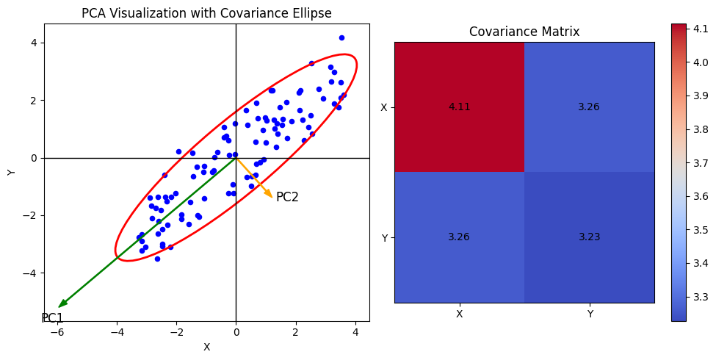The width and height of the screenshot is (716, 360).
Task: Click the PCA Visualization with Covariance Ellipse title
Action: [206, 13]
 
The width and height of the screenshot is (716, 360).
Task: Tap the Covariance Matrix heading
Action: [524, 32]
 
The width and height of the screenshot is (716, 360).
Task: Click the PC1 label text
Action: [52, 318]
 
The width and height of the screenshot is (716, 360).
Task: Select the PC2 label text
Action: [287, 197]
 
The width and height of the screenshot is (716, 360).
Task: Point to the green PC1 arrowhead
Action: [62, 304]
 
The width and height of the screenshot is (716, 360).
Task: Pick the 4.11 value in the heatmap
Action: [459, 107]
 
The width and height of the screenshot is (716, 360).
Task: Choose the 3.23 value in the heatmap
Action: [589, 237]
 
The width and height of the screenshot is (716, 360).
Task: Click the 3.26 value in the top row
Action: [589, 107]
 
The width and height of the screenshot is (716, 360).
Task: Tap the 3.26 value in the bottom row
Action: [459, 237]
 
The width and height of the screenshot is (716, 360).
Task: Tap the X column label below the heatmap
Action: [459, 314]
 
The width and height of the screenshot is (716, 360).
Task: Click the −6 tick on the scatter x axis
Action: [56, 332]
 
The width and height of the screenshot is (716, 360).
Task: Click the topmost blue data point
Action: [341, 37]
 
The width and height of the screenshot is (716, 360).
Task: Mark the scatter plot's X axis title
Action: [206, 347]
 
